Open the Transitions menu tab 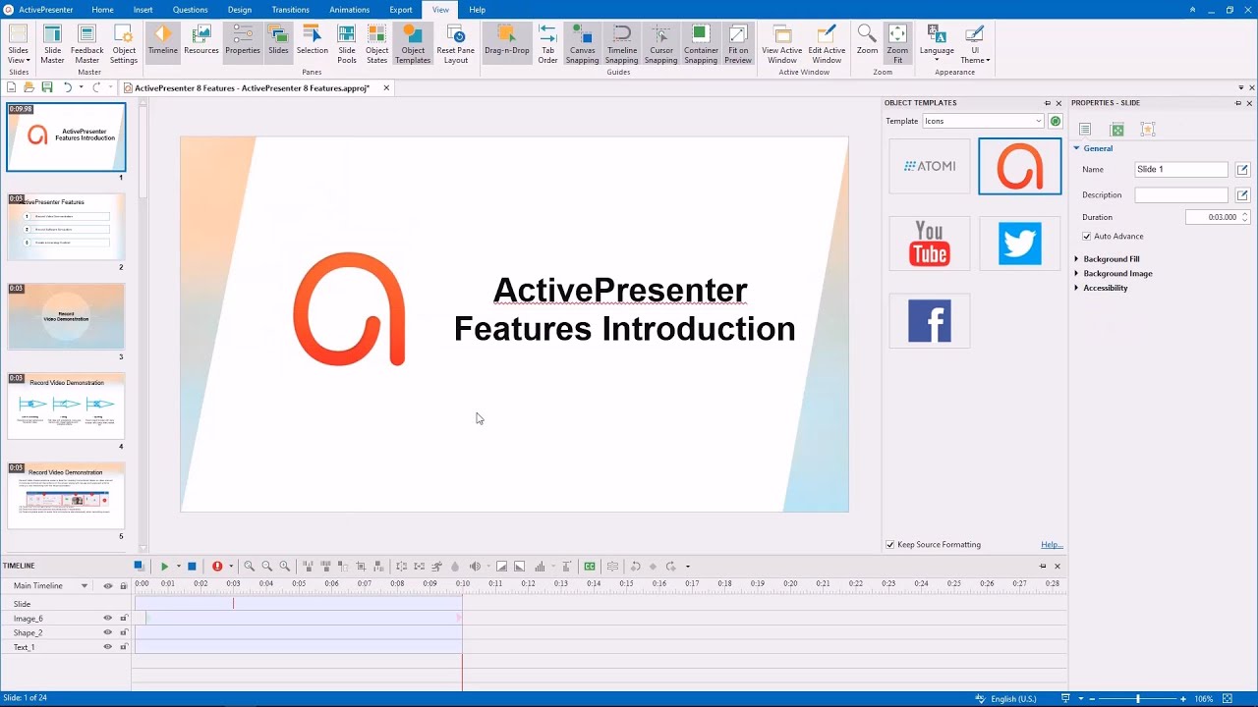[x=290, y=10]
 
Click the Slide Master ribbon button [x=52, y=44]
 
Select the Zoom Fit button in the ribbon [x=897, y=44]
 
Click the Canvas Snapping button [x=582, y=44]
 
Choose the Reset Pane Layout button [x=455, y=44]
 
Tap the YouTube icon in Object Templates [x=929, y=244]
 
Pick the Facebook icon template [x=929, y=321]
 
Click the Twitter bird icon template [x=1019, y=244]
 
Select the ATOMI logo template [x=929, y=166]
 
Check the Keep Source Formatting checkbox [x=890, y=545]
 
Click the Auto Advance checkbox [x=1086, y=237]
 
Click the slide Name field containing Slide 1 [x=1180, y=170]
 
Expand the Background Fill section [x=1111, y=259]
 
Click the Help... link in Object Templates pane [x=1051, y=545]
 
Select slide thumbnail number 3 [x=66, y=316]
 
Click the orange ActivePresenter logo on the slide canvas [x=349, y=308]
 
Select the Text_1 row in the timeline [x=25, y=647]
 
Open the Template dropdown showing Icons [x=982, y=122]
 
